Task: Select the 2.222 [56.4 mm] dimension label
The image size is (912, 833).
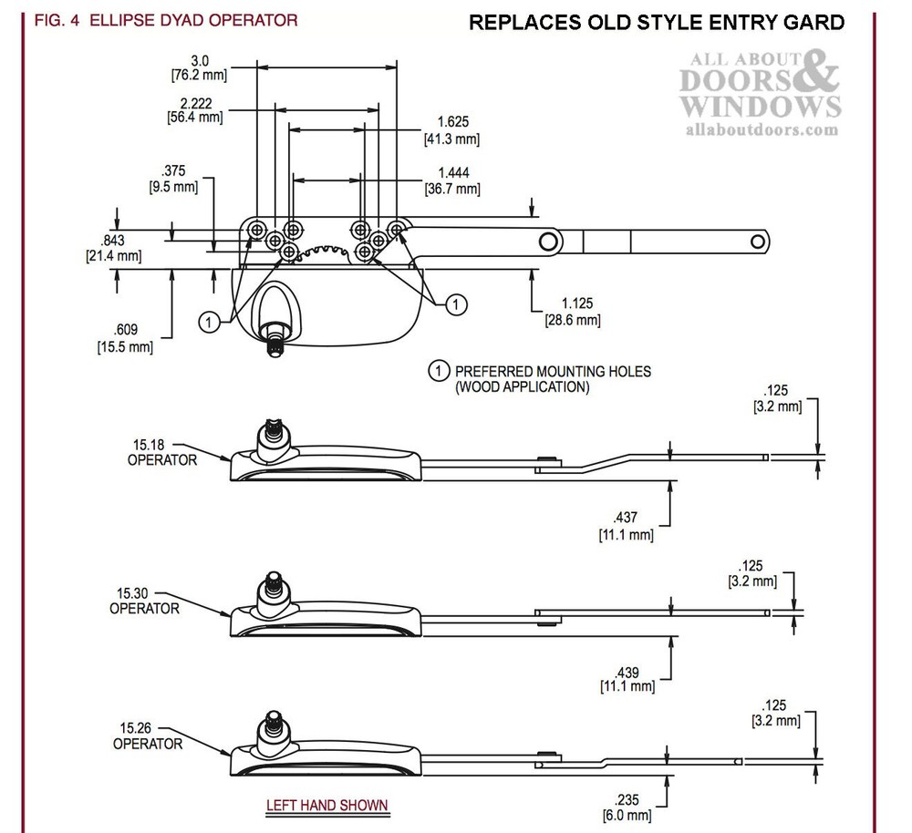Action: (195, 109)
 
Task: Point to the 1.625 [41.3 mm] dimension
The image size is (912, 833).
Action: (451, 130)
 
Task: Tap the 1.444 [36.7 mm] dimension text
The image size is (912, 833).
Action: (451, 180)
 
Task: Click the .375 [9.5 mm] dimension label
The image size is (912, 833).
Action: (172, 179)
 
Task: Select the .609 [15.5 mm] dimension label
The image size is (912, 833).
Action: (125, 338)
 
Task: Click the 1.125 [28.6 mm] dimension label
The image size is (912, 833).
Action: (573, 311)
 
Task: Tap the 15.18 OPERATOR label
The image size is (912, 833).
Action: (161, 452)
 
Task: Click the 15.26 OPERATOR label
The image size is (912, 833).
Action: (147, 735)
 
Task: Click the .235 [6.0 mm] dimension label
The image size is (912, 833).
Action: (627, 807)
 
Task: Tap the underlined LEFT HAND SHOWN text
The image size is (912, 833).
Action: (326, 806)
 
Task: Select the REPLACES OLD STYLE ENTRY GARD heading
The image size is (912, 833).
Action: (656, 23)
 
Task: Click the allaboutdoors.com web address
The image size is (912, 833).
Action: (760, 130)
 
